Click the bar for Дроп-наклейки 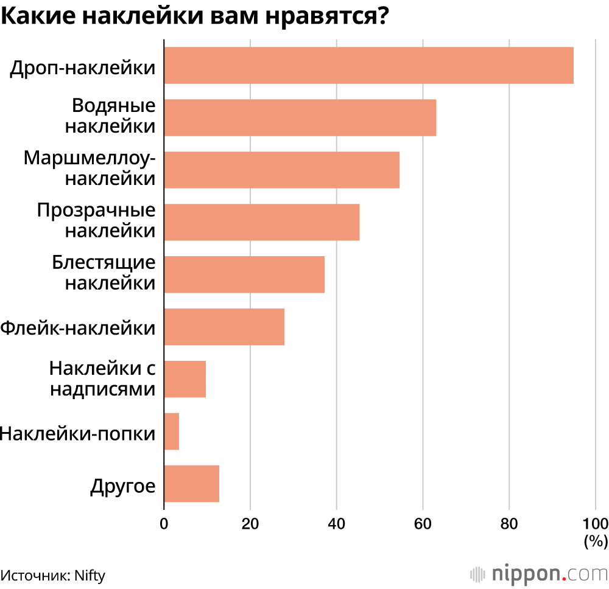coord(368,65)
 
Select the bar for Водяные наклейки coord(300,117)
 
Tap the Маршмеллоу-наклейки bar coord(281,170)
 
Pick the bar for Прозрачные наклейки coord(261,222)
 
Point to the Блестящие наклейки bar coord(244,274)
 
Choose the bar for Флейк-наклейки coord(224,327)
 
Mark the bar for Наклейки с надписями coord(185,379)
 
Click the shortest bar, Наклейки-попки coord(171,431)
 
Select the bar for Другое coord(191,484)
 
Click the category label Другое coord(122,486)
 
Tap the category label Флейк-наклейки coord(78,328)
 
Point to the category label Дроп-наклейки coord(82,66)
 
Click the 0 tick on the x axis coord(164,523)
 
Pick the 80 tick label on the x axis coord(509,523)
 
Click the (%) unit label coord(596,540)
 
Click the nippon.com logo coord(539,573)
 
